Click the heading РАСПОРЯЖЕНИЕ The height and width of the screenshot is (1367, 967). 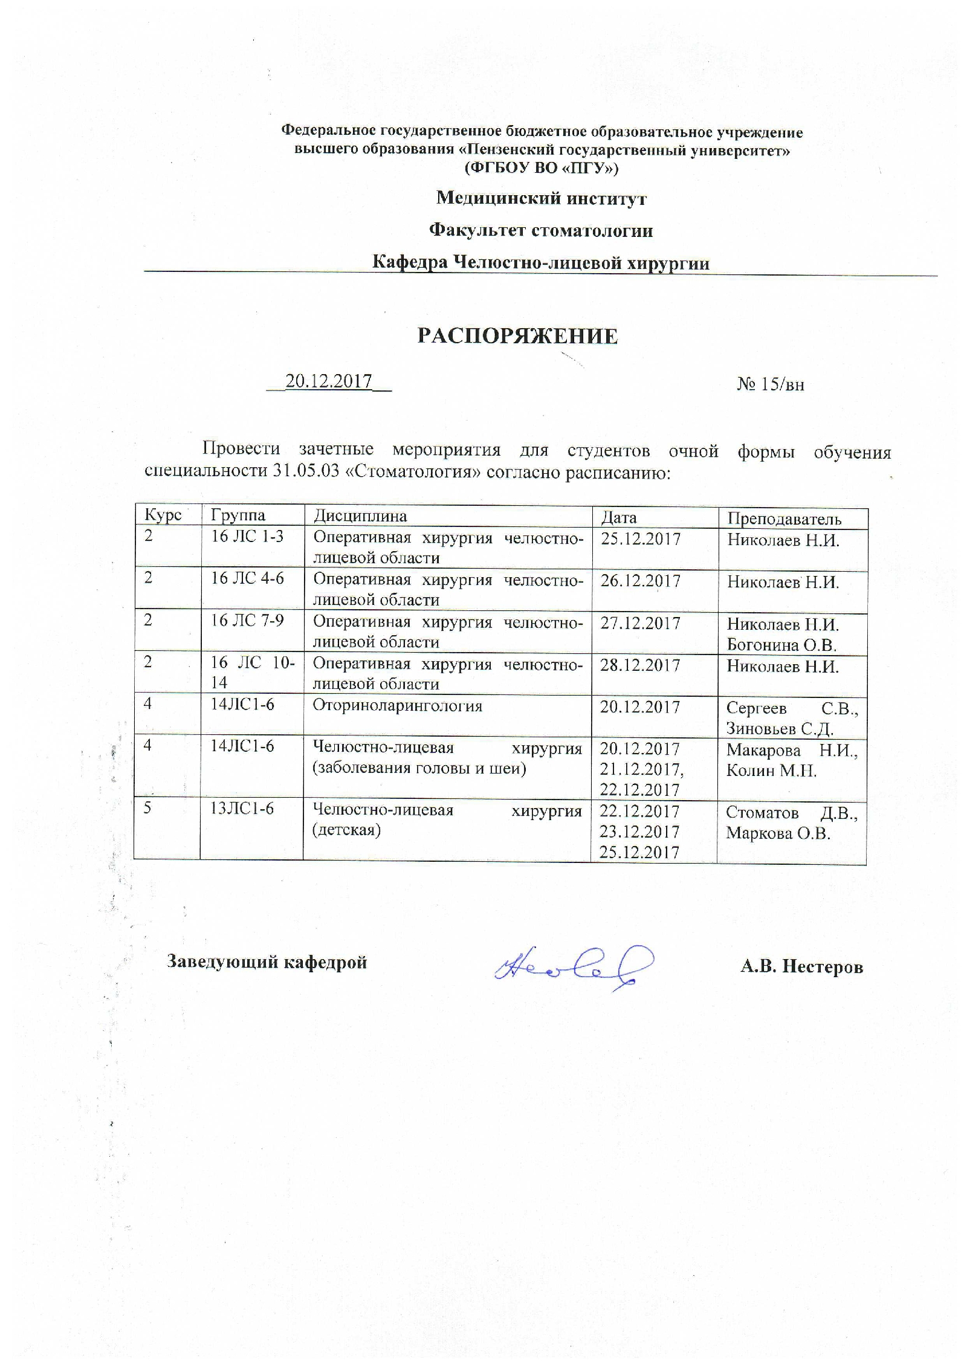(517, 337)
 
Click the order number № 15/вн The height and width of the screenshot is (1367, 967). (770, 384)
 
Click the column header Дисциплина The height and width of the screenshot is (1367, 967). (360, 515)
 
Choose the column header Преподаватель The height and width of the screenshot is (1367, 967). (784, 519)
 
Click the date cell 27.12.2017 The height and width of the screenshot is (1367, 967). (640, 623)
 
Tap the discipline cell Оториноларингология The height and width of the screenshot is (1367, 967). (397, 706)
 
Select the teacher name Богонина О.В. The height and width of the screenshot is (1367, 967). (781, 645)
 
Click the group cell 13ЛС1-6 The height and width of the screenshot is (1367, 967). (242, 809)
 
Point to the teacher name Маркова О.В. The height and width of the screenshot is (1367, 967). (778, 833)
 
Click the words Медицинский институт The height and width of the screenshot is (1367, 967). (541, 198)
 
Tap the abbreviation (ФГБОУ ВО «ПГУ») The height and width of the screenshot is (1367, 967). (541, 167)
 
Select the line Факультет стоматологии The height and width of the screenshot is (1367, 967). (541, 230)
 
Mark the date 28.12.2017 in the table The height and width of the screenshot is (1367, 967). (640, 665)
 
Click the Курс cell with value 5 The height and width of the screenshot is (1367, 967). (148, 809)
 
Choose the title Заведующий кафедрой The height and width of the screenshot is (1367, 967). (267, 961)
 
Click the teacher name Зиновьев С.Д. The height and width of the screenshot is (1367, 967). (780, 728)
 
